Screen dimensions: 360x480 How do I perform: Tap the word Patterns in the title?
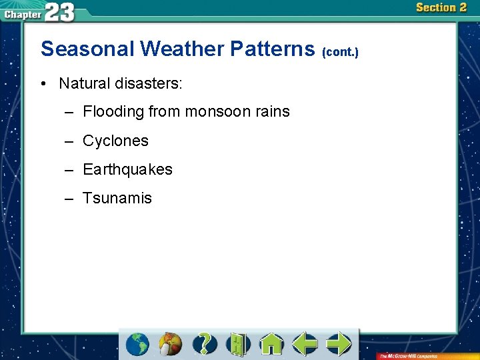coord(273,49)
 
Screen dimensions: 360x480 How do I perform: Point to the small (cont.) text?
coord(340,52)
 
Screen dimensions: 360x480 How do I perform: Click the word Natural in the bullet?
coord(85,83)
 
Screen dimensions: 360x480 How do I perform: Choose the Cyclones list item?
coord(115,141)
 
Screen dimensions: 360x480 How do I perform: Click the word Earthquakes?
coord(127,169)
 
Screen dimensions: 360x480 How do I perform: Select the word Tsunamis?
coord(117,198)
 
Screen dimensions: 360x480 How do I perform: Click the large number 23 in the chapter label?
coord(60,12)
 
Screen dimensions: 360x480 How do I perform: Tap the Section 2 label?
coord(441,8)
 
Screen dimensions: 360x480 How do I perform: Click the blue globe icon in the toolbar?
coord(138,344)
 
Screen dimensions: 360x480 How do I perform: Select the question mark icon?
coord(205,344)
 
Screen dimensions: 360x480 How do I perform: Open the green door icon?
coord(237,344)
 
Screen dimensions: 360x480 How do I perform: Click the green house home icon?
coord(271,344)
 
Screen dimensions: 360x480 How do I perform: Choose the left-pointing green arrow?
coord(305,344)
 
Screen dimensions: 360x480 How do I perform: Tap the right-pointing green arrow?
coord(339,344)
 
